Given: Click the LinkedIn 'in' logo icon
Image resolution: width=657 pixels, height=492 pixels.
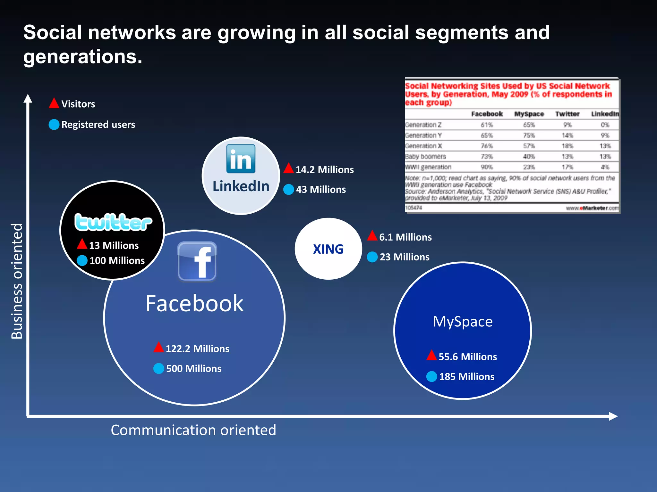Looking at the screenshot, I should coord(241,159).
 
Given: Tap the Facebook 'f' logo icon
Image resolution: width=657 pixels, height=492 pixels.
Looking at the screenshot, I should coord(197,261).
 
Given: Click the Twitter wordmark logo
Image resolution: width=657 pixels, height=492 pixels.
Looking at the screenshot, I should coord(113,222).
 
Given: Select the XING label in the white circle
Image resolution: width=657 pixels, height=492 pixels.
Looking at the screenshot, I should coord(328,249).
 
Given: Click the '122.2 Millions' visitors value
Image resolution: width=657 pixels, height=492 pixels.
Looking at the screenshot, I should coord(197,348).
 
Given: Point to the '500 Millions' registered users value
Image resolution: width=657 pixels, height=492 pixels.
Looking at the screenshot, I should coord(193,368).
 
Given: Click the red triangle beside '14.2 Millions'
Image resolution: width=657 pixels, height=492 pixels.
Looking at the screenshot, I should coord(289,168).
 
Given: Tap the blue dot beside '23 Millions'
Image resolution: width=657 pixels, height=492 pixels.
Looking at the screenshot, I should coord(372,257).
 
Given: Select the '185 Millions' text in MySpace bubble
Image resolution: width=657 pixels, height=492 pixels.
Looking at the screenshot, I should coord(466,376).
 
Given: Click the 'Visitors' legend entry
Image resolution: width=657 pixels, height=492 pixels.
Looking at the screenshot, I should coord(78,104).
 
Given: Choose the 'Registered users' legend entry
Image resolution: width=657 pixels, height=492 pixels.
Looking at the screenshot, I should coord(98,124).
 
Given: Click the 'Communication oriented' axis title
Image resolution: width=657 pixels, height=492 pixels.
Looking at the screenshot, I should coord(193,430).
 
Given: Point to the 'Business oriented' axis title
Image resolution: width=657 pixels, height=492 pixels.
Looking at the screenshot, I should coord(17,281).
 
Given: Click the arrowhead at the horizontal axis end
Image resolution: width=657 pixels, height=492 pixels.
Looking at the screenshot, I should coord(613,416).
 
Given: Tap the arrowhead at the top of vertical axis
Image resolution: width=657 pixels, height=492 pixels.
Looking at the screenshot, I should coord(28,98).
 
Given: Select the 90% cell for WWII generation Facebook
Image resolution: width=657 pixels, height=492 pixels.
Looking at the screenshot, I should coord(486,167).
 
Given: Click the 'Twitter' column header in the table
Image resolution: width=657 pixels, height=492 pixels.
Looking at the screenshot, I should coord(567,114).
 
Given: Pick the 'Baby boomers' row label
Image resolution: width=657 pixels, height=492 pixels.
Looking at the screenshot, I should coord(425,157).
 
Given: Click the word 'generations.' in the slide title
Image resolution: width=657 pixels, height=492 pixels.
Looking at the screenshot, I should coord(82,57).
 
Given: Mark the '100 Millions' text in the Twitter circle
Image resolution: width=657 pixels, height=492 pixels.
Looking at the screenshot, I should coord(117,260).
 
